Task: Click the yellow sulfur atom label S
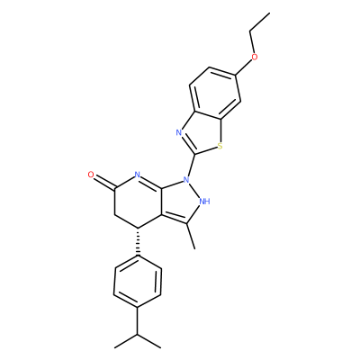click(220, 147)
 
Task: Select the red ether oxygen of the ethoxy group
click(255, 57)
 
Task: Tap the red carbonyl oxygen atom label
click(91, 175)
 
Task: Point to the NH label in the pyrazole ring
click(204, 201)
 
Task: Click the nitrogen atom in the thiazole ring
click(179, 132)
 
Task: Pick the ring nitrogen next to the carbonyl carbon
click(138, 175)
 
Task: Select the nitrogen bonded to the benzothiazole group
click(186, 180)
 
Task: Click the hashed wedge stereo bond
click(138, 242)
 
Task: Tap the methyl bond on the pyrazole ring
click(191, 236)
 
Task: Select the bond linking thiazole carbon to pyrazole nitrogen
click(192, 165)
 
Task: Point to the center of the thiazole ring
click(202, 133)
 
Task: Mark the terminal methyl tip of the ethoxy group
click(270, 13)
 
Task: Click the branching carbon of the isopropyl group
click(138, 334)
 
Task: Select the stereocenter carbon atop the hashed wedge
click(138, 228)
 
